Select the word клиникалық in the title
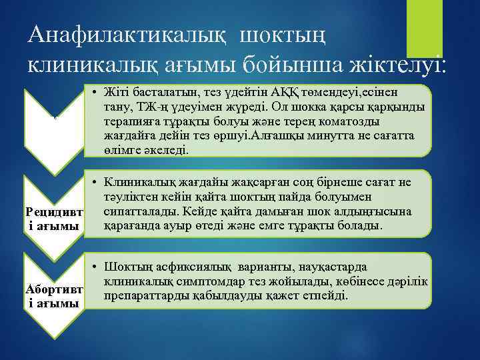click(x=89, y=65)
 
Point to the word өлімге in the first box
click(x=121, y=151)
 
